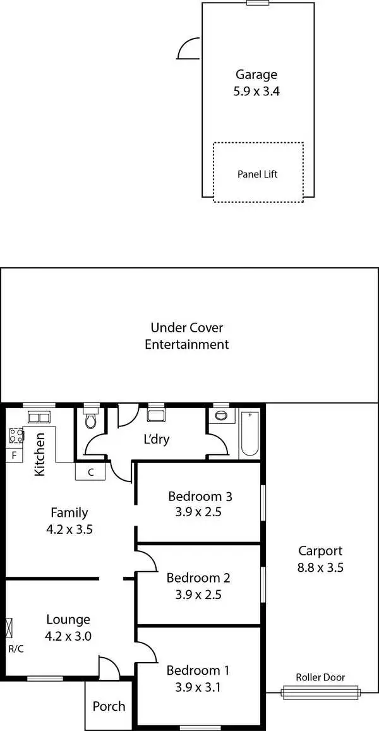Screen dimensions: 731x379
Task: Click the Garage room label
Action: point(256,75)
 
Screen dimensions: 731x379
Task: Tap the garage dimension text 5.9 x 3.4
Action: point(256,91)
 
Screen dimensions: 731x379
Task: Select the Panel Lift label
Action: point(257,174)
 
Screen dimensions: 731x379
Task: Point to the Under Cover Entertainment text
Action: point(186,336)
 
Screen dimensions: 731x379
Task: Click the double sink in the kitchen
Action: point(39,418)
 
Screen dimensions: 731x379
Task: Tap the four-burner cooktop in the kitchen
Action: point(16,435)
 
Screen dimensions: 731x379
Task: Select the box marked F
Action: point(13,455)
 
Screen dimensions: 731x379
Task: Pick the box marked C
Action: point(90,472)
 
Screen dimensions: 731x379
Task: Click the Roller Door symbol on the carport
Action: point(321,692)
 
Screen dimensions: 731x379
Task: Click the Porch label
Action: point(109,706)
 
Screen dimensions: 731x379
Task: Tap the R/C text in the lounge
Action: point(16,649)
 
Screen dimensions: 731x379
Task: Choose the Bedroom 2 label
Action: point(198,577)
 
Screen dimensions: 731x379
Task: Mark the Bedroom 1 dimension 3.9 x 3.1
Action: point(198,687)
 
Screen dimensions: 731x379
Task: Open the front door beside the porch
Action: point(109,667)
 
